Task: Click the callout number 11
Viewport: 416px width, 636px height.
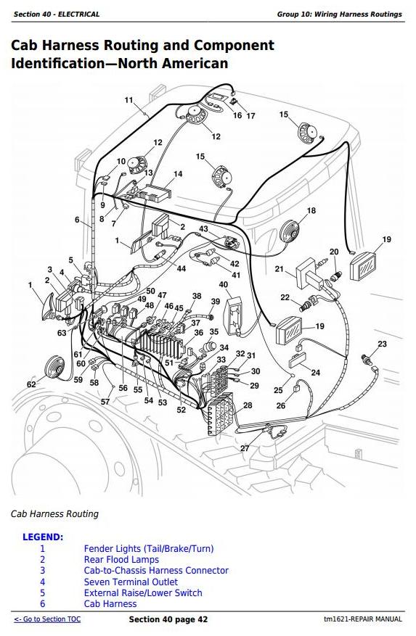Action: click(129, 100)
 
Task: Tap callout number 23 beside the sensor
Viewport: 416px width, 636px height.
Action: click(383, 344)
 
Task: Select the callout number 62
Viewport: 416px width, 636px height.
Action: click(31, 384)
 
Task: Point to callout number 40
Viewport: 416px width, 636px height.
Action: click(224, 284)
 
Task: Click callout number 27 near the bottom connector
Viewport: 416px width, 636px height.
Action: click(245, 448)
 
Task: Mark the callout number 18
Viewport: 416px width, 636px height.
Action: click(311, 210)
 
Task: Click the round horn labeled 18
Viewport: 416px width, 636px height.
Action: click(289, 232)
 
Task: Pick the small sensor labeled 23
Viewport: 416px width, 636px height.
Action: click(367, 360)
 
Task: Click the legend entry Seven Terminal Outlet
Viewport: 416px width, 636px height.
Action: click(131, 582)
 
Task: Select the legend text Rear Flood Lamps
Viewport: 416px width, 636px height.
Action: click(121, 560)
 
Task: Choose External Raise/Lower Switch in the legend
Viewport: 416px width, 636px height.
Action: click(143, 593)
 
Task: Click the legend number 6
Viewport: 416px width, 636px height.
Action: click(43, 604)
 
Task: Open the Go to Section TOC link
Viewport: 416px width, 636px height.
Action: click(47, 619)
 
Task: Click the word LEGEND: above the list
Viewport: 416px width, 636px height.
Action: click(43, 537)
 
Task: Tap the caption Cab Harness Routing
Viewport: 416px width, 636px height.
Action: click(54, 514)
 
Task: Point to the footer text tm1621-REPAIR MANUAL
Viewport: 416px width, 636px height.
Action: click(363, 619)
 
